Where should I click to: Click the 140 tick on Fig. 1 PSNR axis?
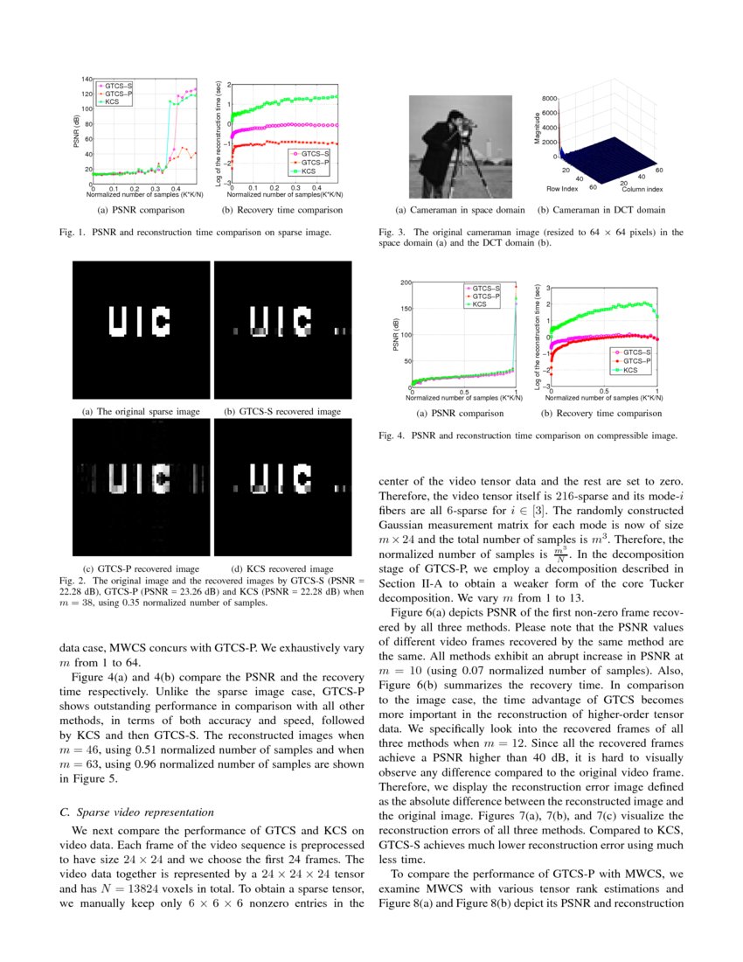click(86, 80)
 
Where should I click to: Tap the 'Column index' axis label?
click(642, 188)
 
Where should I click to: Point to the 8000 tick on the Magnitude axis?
click(547, 99)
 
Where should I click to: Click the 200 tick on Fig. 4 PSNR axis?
click(406, 282)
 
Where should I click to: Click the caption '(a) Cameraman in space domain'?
click(460, 210)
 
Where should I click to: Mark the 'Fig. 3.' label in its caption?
click(393, 233)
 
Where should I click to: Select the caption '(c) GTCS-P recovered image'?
click(141, 568)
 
